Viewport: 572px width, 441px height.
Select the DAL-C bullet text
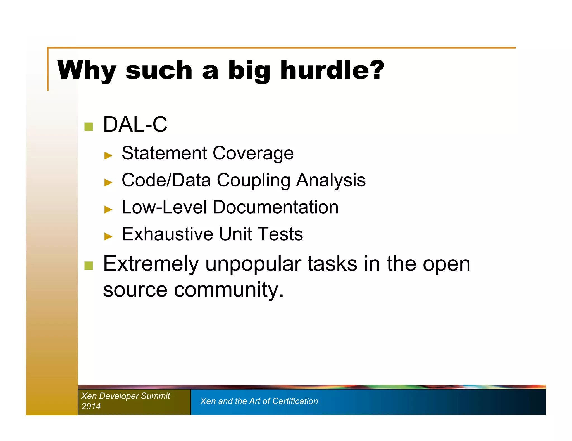[135, 124]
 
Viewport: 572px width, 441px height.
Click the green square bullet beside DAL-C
[89, 127]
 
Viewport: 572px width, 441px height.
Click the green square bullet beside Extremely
[89, 266]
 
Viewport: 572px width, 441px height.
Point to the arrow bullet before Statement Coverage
[108, 155]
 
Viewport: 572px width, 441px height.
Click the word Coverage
[253, 153]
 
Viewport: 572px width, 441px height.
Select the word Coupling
[253, 181]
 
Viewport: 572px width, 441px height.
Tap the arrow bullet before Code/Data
[108, 182]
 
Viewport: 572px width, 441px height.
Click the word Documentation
[275, 207]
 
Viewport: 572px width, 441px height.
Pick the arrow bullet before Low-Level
[108, 209]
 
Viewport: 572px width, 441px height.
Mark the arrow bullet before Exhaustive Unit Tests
[108, 236]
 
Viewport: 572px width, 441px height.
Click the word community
[228, 290]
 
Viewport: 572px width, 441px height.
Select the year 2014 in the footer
[91, 406]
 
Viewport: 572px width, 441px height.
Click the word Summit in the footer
[155, 396]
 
